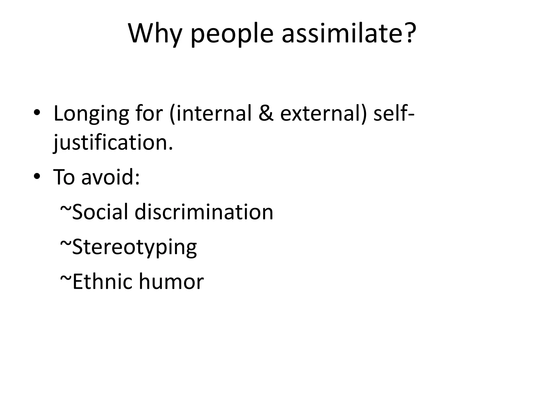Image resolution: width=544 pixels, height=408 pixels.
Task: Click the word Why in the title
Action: [x=155, y=34]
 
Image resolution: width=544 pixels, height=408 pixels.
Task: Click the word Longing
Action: [x=91, y=114]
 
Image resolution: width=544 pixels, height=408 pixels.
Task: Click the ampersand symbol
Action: [x=266, y=113]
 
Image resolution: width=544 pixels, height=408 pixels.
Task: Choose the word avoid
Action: [x=110, y=177]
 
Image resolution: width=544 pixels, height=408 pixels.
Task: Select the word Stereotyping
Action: [x=134, y=247]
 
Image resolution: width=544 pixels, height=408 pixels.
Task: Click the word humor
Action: [x=171, y=282]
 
